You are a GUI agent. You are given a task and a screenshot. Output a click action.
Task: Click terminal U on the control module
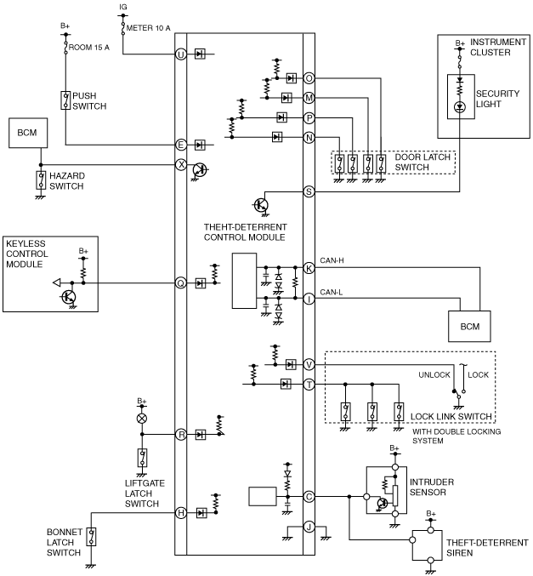tap(180, 54)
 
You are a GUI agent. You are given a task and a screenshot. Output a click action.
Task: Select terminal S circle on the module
tap(309, 191)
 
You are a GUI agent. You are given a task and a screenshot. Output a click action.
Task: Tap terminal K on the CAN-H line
tap(309, 268)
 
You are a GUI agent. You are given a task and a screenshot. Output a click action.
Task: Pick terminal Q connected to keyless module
tap(180, 282)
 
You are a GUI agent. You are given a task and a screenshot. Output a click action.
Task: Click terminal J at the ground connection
tap(309, 527)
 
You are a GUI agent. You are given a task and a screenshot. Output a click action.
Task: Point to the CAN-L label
tap(332, 293)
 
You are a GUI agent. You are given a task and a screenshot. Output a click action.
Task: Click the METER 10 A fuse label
tap(148, 28)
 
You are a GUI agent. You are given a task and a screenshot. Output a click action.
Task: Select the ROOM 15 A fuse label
tap(88, 48)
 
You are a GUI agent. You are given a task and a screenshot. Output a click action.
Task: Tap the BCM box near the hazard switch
tap(28, 133)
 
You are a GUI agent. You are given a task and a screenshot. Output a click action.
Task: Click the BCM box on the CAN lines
tap(469, 326)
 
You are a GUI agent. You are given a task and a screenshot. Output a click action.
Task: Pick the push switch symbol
tap(65, 100)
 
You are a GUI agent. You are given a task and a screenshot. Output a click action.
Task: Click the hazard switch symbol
tap(41, 180)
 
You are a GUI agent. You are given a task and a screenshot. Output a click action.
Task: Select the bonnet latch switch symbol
tap(91, 537)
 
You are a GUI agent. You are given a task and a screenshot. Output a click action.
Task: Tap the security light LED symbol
tap(460, 107)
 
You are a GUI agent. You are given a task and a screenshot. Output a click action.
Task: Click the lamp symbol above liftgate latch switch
tap(142, 419)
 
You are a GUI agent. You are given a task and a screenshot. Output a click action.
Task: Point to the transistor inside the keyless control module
tap(69, 297)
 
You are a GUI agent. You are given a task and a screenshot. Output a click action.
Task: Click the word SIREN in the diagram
tap(460, 553)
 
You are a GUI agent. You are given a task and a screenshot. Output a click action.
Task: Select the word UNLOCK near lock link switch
tap(434, 374)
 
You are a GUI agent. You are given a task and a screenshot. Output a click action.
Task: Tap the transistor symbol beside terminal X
tap(200, 169)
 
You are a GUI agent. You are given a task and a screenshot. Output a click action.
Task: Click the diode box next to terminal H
tap(201, 513)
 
